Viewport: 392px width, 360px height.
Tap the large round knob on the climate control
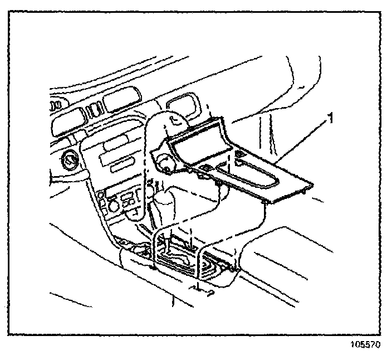pos(115,206)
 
